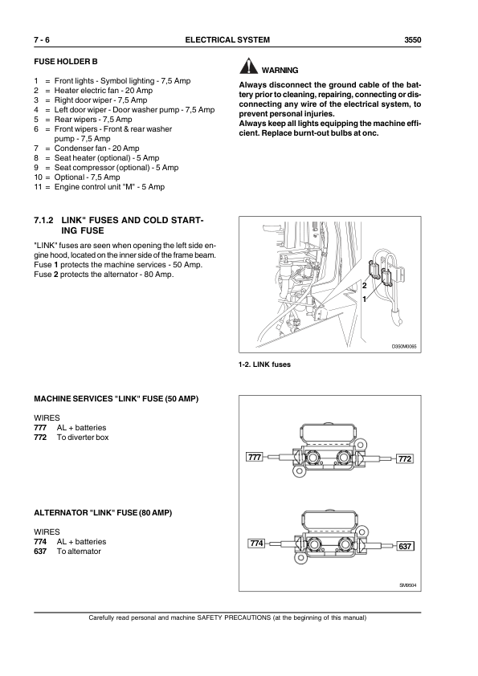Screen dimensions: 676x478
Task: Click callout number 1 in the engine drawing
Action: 365,299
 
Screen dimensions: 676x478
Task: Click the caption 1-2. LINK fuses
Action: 264,364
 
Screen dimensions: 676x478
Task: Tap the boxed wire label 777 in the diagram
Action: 255,458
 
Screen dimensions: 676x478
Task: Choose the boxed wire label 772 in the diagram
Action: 405,458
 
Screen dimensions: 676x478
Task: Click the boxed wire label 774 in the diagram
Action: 256,544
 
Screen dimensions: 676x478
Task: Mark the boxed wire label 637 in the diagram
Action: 405,546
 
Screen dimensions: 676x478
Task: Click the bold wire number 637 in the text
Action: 40,552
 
